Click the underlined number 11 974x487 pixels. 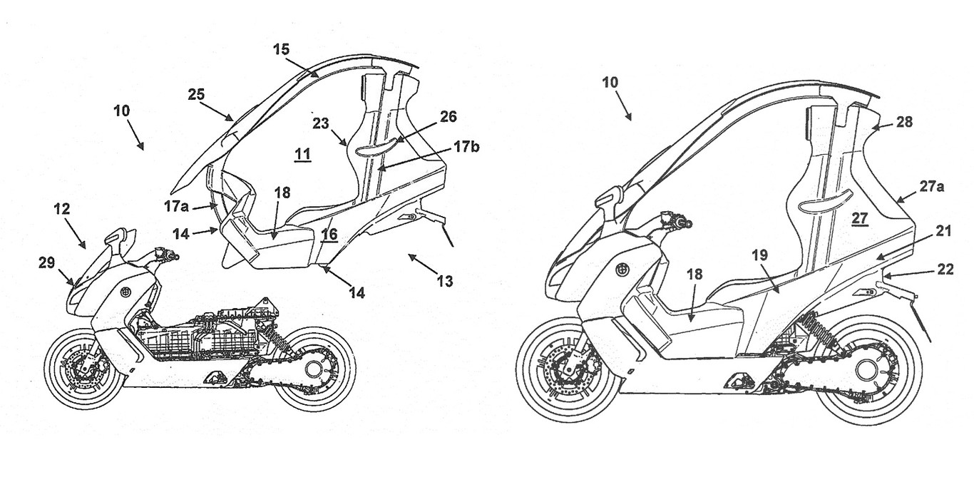point(302,154)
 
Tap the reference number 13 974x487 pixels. point(444,281)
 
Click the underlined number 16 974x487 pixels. point(328,235)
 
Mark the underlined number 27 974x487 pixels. point(860,220)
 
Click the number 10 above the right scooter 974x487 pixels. point(610,83)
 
